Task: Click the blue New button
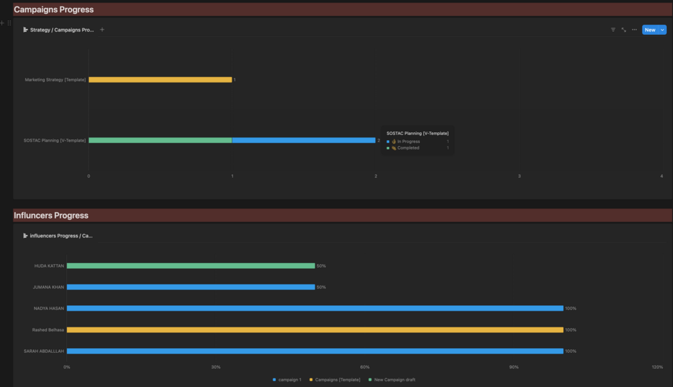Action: (x=650, y=30)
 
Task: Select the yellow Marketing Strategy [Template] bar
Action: (x=160, y=80)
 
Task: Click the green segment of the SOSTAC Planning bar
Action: (x=160, y=140)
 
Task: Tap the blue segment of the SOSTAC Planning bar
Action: (x=303, y=140)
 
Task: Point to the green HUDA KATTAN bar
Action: (x=191, y=266)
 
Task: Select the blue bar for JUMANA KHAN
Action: (x=191, y=287)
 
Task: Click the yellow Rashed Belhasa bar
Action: (x=315, y=330)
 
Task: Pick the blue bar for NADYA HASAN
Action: (x=315, y=309)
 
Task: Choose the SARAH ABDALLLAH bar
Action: (x=315, y=351)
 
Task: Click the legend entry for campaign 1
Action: (x=287, y=380)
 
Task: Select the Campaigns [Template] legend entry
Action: (x=335, y=380)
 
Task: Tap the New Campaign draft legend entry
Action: (x=392, y=380)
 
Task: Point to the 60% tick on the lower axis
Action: (x=364, y=368)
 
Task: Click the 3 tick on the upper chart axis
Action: (x=520, y=176)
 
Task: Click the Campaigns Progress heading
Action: (x=54, y=9)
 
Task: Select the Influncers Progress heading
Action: (x=51, y=215)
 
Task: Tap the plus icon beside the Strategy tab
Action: (x=102, y=30)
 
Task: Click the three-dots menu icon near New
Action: (x=634, y=30)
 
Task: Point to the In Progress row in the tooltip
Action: (x=418, y=142)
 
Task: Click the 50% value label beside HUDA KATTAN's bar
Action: (x=321, y=266)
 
